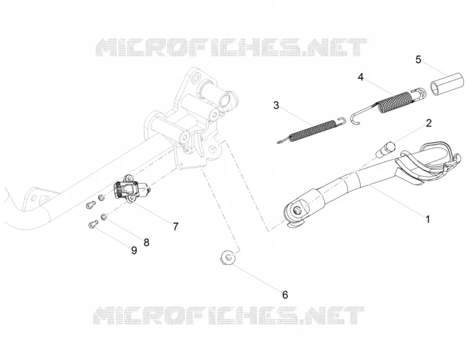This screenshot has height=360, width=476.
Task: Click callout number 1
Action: (x=428, y=219)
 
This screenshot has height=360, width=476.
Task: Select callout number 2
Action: (x=428, y=123)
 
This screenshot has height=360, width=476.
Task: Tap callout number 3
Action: (x=276, y=105)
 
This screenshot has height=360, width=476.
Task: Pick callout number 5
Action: (x=418, y=60)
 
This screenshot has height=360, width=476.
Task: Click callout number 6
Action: (x=285, y=295)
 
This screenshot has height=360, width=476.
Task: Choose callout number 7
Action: (x=176, y=227)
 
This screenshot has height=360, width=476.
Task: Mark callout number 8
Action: (x=146, y=242)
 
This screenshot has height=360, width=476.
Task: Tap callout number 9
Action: (x=134, y=251)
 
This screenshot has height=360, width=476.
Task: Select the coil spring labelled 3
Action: (x=312, y=130)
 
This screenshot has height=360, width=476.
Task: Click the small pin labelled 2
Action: (x=386, y=149)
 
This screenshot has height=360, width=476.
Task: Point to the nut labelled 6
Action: (x=228, y=258)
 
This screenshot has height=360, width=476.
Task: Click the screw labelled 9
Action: (x=93, y=224)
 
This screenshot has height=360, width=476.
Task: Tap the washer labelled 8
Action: (x=104, y=217)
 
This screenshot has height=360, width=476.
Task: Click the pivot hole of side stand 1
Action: (x=296, y=209)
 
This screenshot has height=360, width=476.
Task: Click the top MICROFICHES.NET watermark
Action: (x=231, y=48)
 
